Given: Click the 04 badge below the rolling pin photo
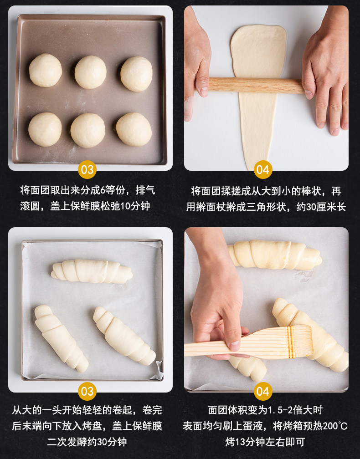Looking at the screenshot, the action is [x=263, y=169].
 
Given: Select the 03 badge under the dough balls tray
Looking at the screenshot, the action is [x=87, y=169].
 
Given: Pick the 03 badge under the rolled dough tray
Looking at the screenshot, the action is [x=87, y=392].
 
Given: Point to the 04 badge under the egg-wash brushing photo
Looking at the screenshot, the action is [x=263, y=392].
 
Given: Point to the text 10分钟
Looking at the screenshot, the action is [x=135, y=206].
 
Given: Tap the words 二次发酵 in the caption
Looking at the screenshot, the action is [x=67, y=442].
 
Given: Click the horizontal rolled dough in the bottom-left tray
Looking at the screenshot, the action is [x=92, y=271].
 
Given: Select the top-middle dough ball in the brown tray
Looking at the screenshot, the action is [x=91, y=72].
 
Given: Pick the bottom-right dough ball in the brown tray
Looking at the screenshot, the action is [x=134, y=129].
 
